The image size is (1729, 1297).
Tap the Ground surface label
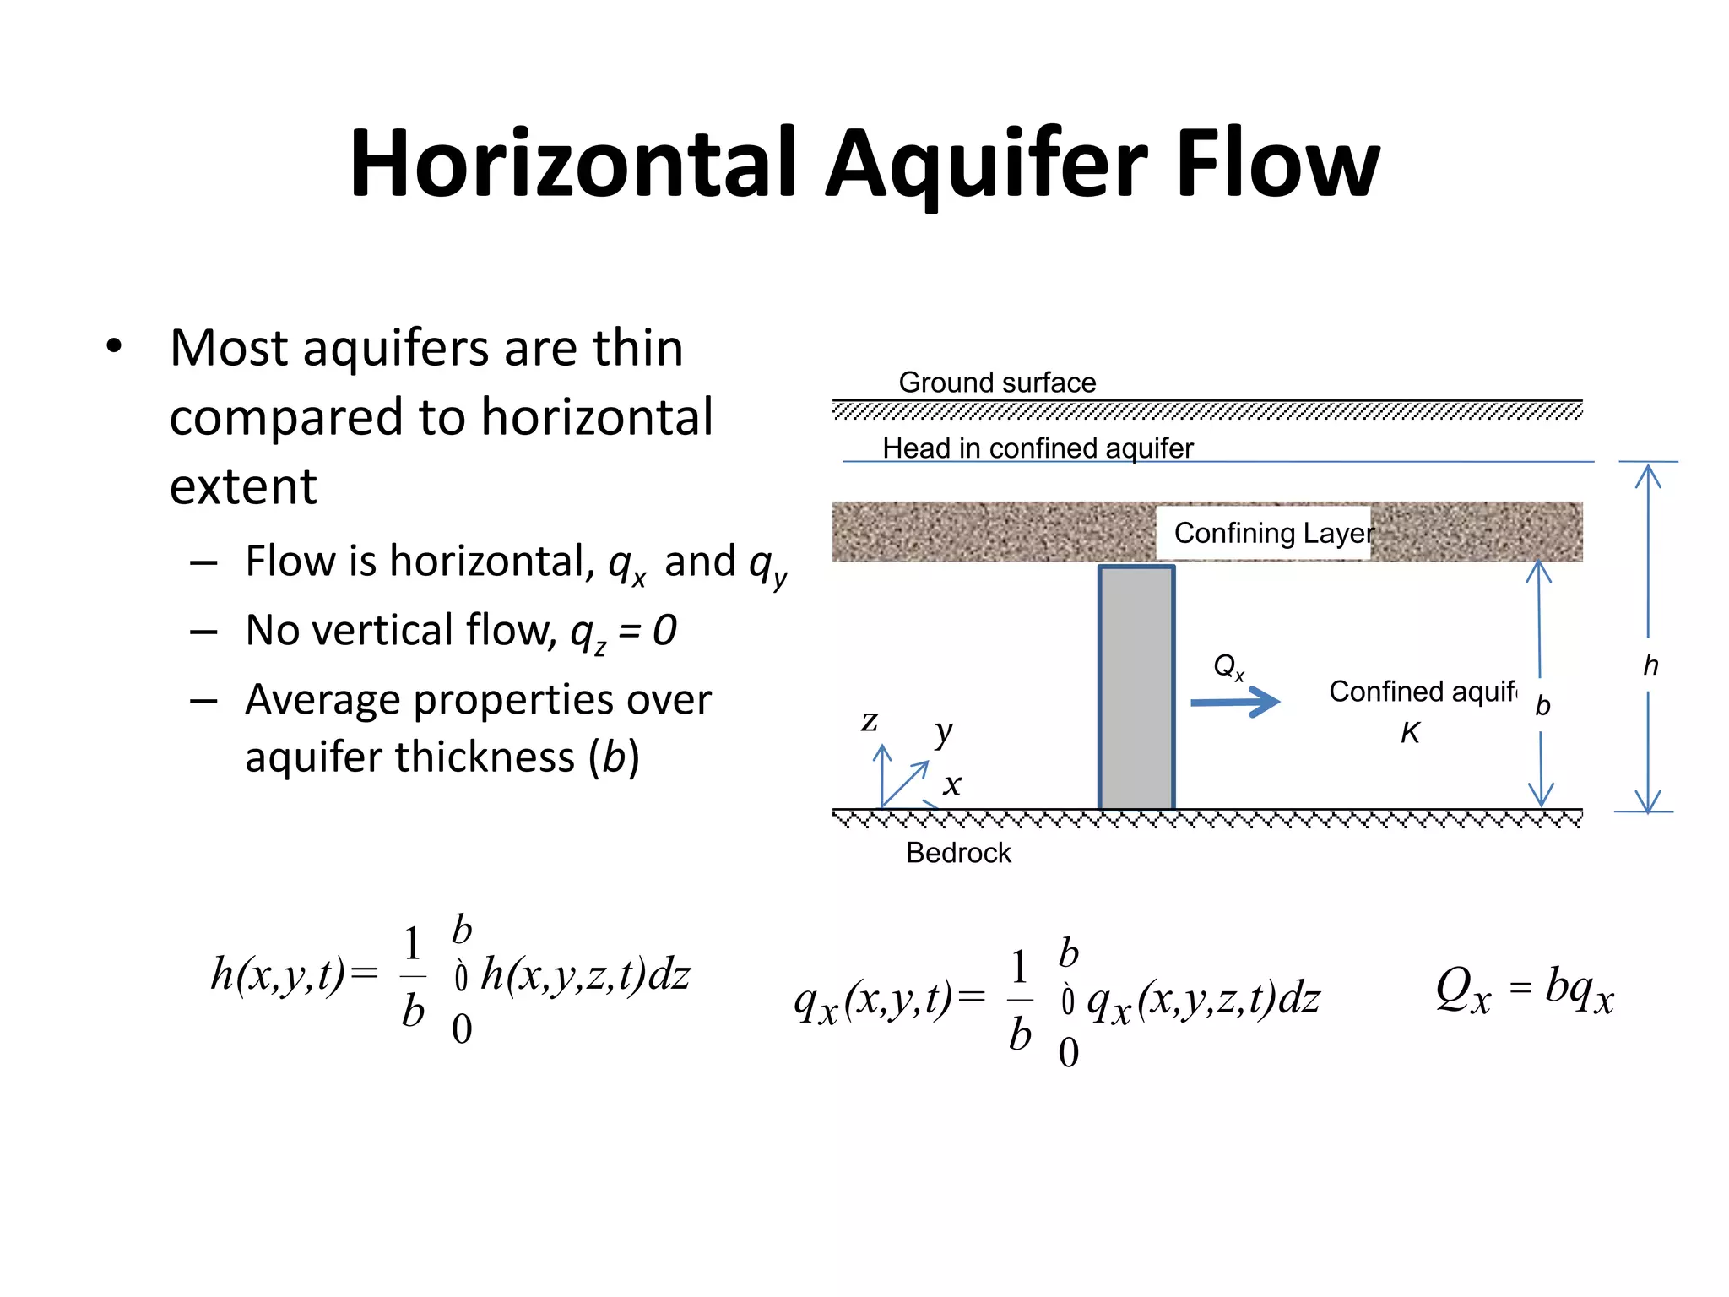click(997, 383)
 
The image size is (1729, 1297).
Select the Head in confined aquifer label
click(1038, 448)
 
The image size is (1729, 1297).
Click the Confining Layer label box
click(1264, 533)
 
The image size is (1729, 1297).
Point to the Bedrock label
click(958, 853)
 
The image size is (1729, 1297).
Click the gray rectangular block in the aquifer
click(1136, 687)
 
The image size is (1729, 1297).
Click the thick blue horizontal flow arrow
click(1235, 702)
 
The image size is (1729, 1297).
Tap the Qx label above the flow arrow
click(1228, 667)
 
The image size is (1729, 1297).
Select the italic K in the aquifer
click(1410, 733)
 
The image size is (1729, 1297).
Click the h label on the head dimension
click(1650, 666)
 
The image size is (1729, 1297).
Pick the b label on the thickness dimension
click(1542, 705)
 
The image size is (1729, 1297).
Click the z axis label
click(870, 721)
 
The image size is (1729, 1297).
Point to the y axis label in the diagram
click(944, 732)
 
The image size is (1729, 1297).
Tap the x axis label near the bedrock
click(952, 784)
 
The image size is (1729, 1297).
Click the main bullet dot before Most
click(114, 346)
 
